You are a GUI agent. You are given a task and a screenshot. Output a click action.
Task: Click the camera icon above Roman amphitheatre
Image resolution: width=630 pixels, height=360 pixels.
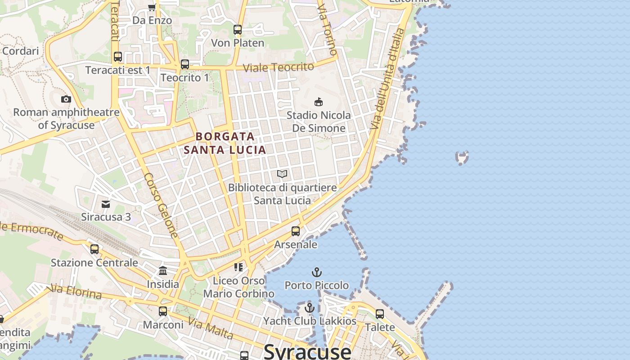[66, 99]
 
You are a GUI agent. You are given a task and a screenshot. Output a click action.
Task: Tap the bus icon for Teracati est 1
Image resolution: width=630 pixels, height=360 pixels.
[118, 57]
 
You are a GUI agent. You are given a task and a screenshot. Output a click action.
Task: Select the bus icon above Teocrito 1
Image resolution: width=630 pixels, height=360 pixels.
[185, 64]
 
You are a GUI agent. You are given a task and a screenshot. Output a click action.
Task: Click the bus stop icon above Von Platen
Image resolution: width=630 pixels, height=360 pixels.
[238, 30]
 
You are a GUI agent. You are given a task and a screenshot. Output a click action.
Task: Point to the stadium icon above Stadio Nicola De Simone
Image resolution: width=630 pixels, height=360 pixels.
[319, 102]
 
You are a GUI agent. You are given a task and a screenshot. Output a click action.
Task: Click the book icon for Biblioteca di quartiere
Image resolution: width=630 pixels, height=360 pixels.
[282, 174]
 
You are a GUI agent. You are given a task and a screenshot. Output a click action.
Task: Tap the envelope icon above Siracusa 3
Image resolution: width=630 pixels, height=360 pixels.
[106, 204]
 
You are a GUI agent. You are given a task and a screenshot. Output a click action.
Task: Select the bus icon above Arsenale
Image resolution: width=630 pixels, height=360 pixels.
[296, 231]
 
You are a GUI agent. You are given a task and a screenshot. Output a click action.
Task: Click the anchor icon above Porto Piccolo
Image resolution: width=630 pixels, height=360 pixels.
[317, 272]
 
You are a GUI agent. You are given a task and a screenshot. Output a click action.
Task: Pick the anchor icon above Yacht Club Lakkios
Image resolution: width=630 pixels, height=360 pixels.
[309, 308]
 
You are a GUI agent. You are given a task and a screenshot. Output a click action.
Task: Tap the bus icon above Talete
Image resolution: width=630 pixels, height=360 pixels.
[380, 314]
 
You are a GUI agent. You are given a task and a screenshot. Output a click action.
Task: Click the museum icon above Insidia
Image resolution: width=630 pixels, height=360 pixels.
[163, 271]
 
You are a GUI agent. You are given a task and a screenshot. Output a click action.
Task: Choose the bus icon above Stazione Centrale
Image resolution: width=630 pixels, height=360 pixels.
[94, 249]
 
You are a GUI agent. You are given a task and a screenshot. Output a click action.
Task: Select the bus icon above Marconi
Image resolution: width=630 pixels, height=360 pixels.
[163, 311]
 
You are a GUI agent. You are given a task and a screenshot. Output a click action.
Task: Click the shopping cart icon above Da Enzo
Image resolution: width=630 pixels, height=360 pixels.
[152, 7]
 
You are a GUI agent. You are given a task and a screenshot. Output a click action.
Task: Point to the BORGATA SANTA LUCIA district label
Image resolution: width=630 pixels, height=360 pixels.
[225, 143]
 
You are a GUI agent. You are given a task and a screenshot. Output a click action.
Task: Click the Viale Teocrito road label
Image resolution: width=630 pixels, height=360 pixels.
[279, 67]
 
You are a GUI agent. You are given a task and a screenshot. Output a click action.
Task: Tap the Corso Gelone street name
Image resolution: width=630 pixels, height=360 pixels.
[161, 206]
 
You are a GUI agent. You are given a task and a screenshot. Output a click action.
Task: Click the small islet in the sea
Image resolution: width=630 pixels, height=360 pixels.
[462, 157]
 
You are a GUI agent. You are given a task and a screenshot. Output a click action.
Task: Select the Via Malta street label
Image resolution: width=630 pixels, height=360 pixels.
[211, 328]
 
